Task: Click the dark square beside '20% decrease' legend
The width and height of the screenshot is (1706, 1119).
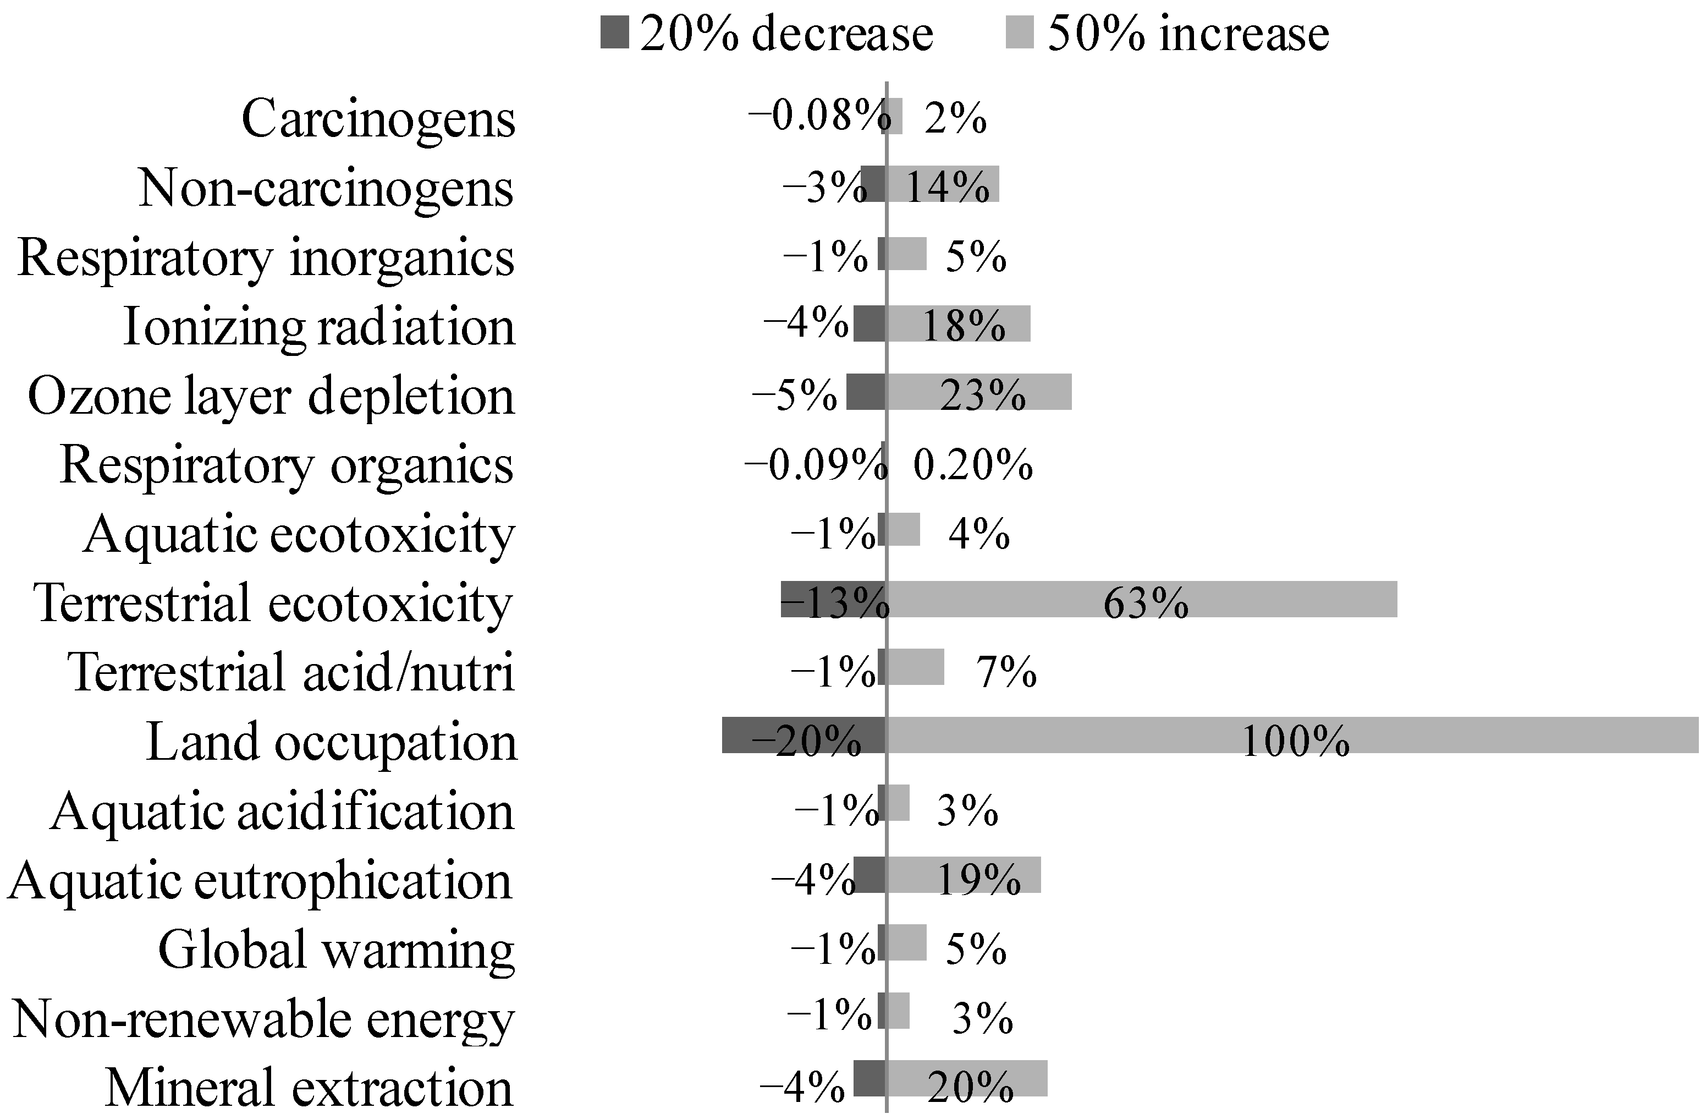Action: [x=614, y=34]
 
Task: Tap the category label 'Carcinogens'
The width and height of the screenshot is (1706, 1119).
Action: [x=378, y=118]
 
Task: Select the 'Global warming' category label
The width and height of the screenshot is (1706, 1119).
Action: [x=335, y=949]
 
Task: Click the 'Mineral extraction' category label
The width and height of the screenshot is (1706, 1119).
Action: [x=309, y=1088]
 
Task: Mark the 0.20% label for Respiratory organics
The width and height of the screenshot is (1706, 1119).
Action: [x=973, y=465]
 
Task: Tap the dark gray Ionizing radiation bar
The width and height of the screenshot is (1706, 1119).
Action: [x=869, y=323]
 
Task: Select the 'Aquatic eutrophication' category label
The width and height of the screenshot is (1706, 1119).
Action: [x=260, y=880]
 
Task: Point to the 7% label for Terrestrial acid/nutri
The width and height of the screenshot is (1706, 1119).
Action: [x=1006, y=672]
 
